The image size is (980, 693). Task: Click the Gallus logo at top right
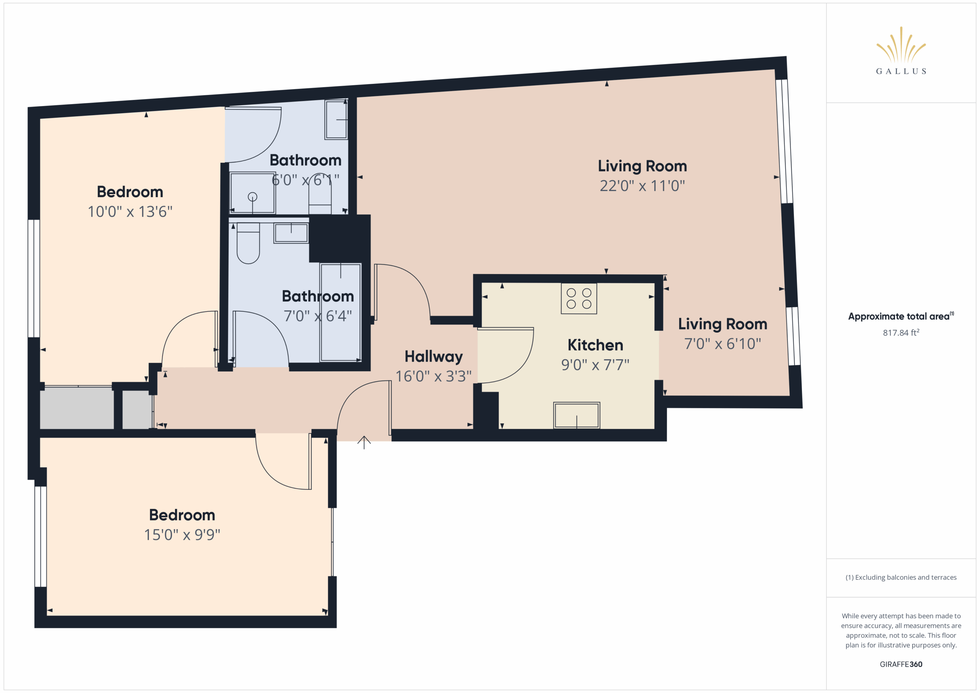pos(901,51)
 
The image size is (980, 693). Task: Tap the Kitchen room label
pos(595,345)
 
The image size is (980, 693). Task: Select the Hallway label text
pos(434,357)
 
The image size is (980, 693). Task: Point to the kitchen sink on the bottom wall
pos(577,415)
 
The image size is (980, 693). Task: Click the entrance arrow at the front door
pos(364,442)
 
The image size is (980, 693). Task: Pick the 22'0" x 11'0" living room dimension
pos(642,186)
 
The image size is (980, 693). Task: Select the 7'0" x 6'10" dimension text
pos(722,344)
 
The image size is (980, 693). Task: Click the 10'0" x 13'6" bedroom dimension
pos(130,212)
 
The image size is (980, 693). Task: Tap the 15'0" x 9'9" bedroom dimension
pos(182,535)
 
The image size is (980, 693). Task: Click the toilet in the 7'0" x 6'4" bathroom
pos(248,243)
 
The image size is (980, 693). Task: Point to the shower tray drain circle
pos(252,197)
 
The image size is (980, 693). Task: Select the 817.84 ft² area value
pos(901,333)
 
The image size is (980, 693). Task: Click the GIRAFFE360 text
pos(901,664)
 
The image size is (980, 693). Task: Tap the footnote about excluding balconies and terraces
pos(901,577)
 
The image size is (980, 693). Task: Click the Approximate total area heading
pos(901,316)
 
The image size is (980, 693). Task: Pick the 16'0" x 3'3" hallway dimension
pos(433,377)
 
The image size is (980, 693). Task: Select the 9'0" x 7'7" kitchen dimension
pos(595,365)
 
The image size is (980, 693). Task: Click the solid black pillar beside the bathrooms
pos(339,238)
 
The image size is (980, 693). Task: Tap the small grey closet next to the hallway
pos(137,409)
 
